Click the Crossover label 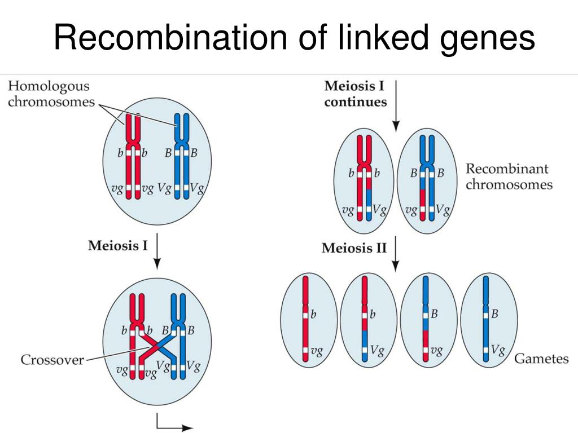pyautogui.click(x=52, y=359)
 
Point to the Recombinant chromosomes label pyautogui.click(x=509, y=176)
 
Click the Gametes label pyautogui.click(x=541, y=359)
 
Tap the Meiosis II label pyautogui.click(x=354, y=248)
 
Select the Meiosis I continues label pyautogui.click(x=355, y=94)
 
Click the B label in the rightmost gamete pyautogui.click(x=495, y=314)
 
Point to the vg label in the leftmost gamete pyautogui.click(x=317, y=351)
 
